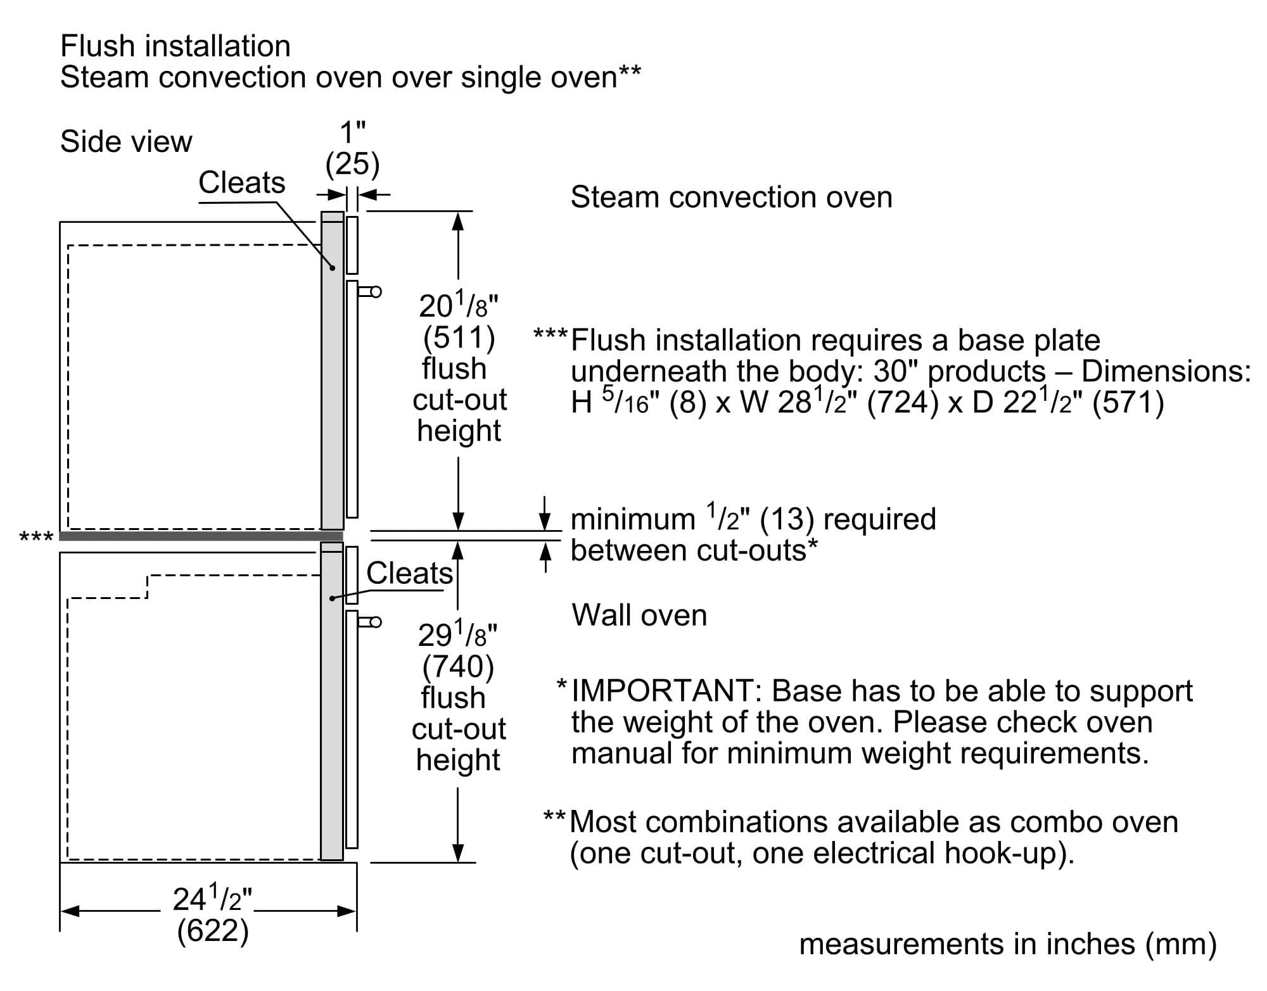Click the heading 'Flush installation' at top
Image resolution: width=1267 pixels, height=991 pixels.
click(175, 46)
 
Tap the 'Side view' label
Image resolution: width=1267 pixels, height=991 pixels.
click(126, 141)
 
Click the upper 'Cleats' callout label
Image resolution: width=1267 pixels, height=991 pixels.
click(241, 182)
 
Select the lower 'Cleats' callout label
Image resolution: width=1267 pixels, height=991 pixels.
click(409, 573)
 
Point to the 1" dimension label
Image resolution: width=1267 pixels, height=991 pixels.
click(352, 133)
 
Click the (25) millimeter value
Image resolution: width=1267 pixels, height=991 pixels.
click(352, 164)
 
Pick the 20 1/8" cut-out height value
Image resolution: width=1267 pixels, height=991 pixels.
click(458, 305)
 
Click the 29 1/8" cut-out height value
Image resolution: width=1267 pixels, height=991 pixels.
click(457, 634)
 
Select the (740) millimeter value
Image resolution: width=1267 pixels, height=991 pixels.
click(458, 666)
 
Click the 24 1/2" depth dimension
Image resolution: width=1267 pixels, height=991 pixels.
click(212, 899)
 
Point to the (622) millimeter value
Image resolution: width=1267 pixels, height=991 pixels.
click(212, 931)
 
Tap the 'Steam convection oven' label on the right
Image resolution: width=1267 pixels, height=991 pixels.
click(731, 197)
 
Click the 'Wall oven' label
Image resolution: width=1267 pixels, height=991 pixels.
click(639, 615)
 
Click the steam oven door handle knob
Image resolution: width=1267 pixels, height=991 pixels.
click(376, 292)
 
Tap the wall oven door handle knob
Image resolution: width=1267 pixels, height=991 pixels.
click(376, 622)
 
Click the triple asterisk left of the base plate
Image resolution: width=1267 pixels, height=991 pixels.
click(36, 538)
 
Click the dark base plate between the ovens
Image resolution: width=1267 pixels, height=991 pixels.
click(201, 536)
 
